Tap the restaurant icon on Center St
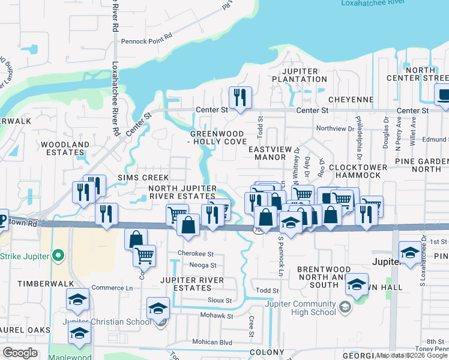[241, 98]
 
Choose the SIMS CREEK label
[143, 178]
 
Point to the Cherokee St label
[196, 254]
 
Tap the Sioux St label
[220, 300]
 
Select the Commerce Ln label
[112, 288]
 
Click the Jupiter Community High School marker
[345, 308]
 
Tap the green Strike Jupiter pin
[58, 256]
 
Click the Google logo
[20, 353]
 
